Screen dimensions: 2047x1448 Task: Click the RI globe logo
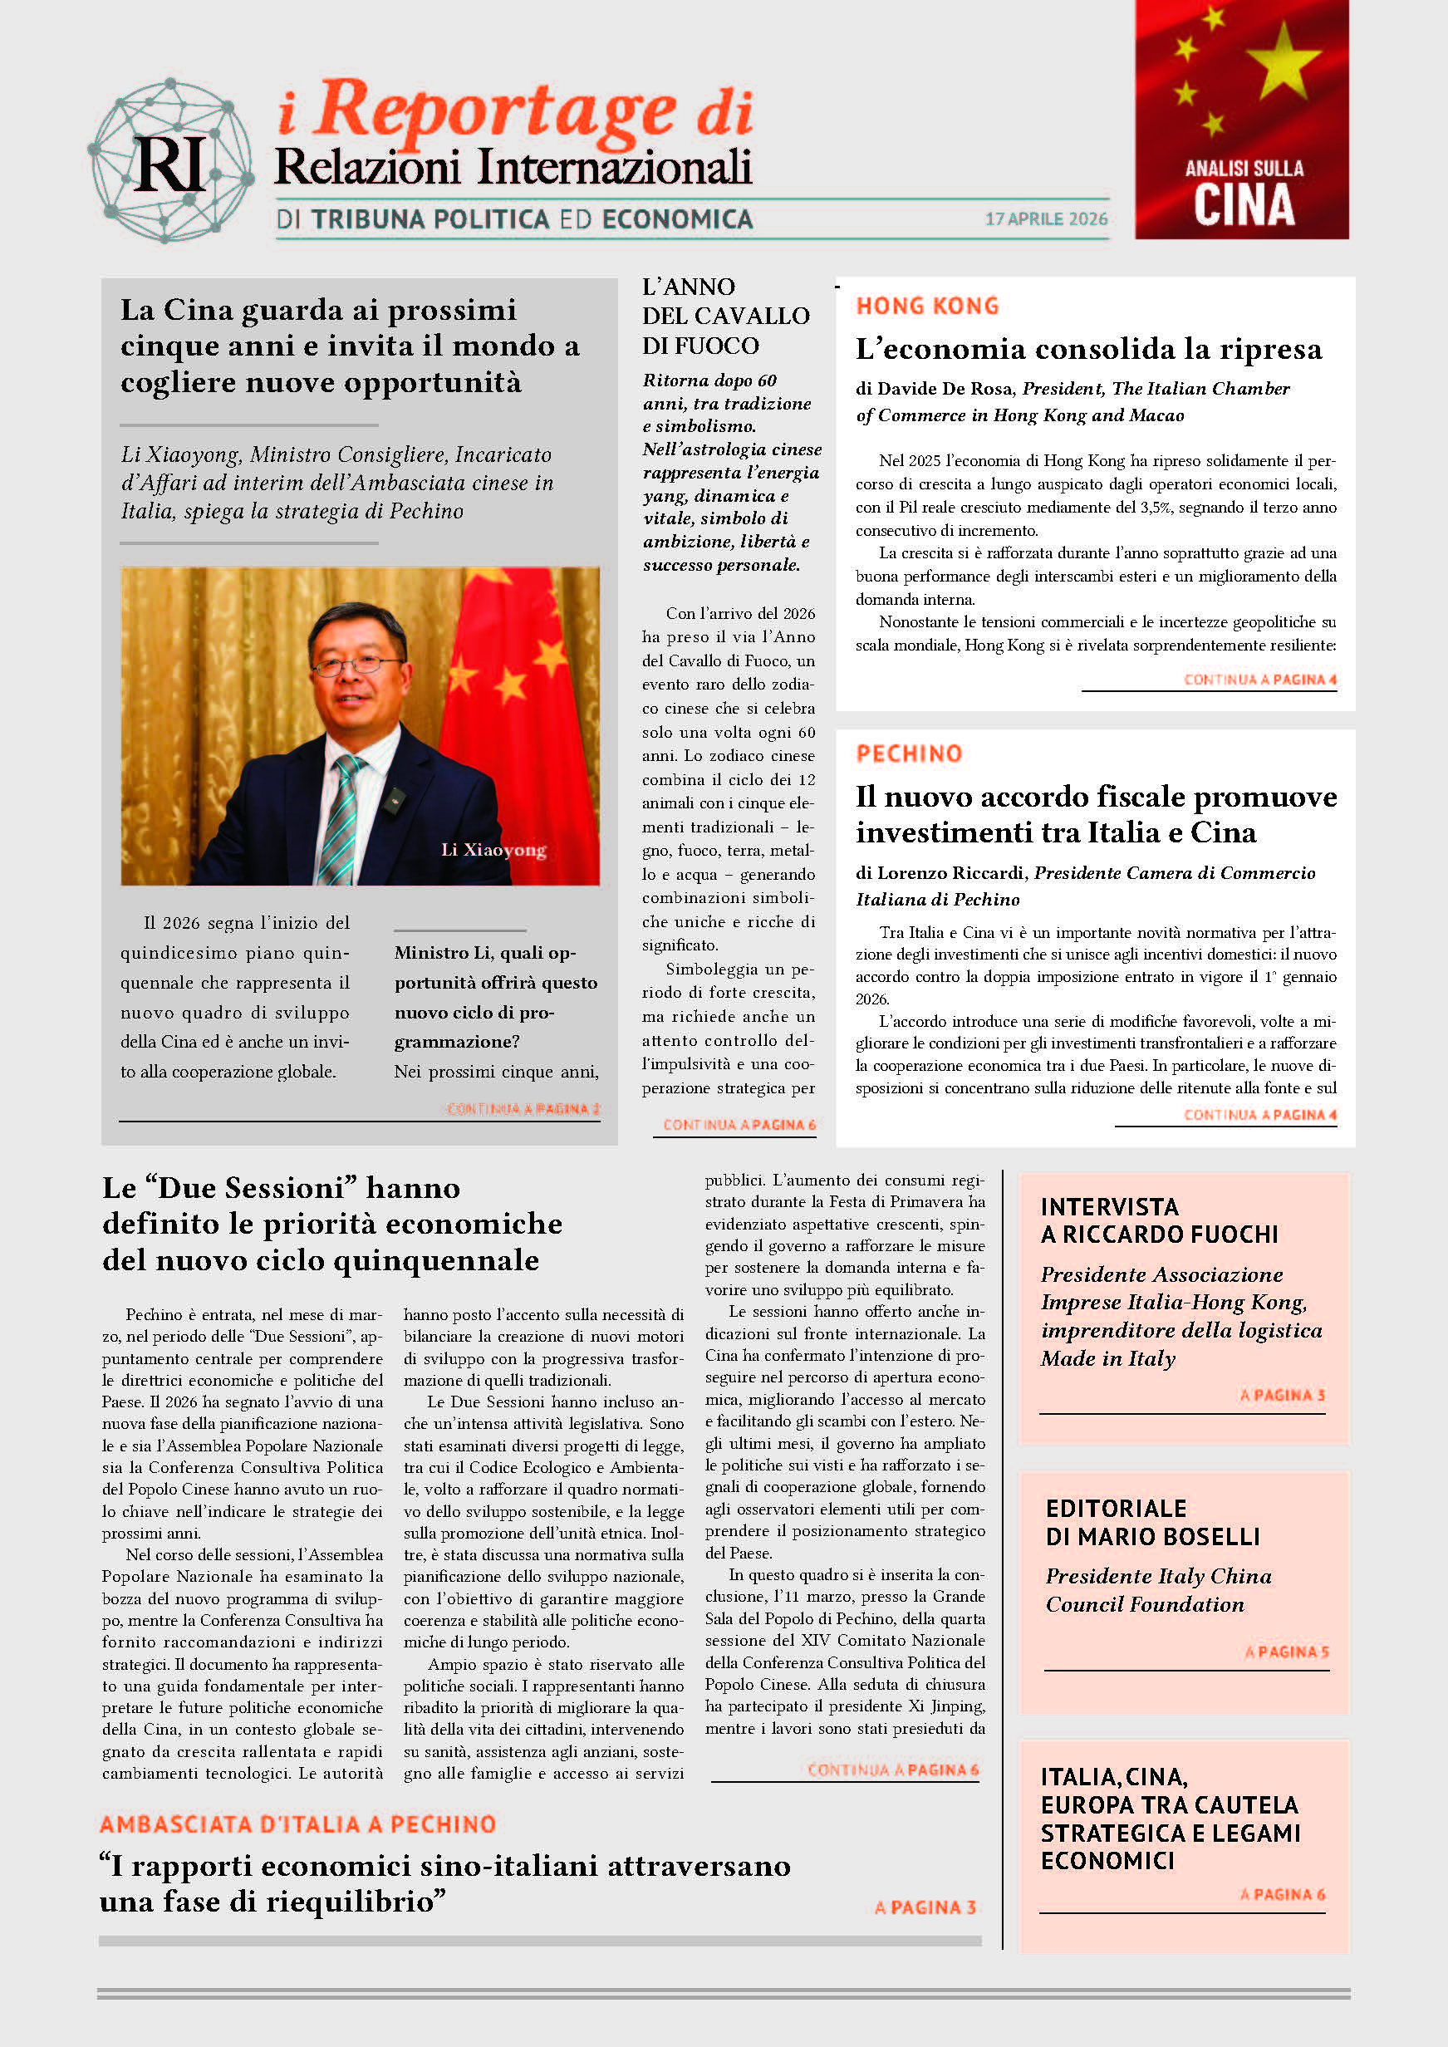pos(170,161)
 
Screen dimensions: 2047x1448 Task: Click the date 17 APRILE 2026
pos(1046,219)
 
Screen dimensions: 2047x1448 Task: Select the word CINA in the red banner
pos(1243,204)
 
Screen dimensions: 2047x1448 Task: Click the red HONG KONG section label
pos(926,307)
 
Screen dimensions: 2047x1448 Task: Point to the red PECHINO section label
pos(909,754)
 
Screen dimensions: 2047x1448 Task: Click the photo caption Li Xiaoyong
pos(493,850)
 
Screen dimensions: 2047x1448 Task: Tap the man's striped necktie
pos(343,816)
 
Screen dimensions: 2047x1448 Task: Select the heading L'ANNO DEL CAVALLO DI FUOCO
pos(725,317)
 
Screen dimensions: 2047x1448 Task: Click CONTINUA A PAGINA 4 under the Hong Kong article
pos(1259,680)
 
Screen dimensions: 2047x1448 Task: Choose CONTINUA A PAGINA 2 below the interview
pos(523,1109)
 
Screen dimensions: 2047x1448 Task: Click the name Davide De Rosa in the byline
pos(945,389)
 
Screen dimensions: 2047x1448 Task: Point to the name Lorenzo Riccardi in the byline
pos(950,873)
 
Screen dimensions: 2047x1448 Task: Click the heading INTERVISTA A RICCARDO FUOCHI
pos(1158,1220)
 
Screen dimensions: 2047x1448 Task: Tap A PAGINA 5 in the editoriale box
pos(1286,1652)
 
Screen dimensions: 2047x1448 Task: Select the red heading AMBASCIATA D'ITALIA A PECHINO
pos(297,1824)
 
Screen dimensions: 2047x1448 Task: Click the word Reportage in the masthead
pos(495,111)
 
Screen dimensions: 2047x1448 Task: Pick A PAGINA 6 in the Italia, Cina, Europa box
pos(1281,1894)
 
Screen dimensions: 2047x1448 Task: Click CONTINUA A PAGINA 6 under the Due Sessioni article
pos(892,1770)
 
